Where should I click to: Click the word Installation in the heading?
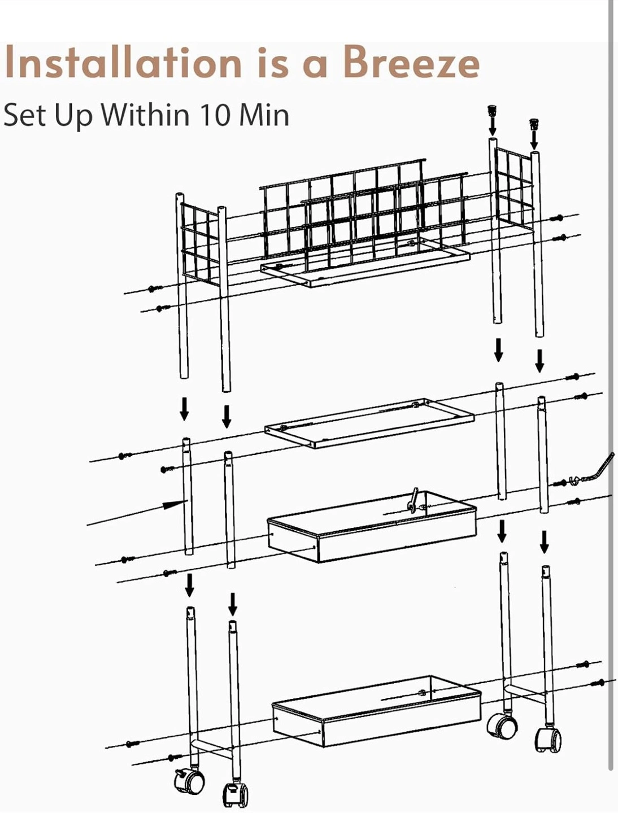pos(123,62)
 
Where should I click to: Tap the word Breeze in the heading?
pos(412,62)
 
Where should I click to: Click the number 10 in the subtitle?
pos(214,115)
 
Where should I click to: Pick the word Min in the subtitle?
pos(264,115)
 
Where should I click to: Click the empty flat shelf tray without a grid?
pos(369,423)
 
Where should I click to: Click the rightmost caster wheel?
pos(548,740)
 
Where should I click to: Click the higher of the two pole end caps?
pos(492,110)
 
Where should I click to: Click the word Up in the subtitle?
pos(73,116)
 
